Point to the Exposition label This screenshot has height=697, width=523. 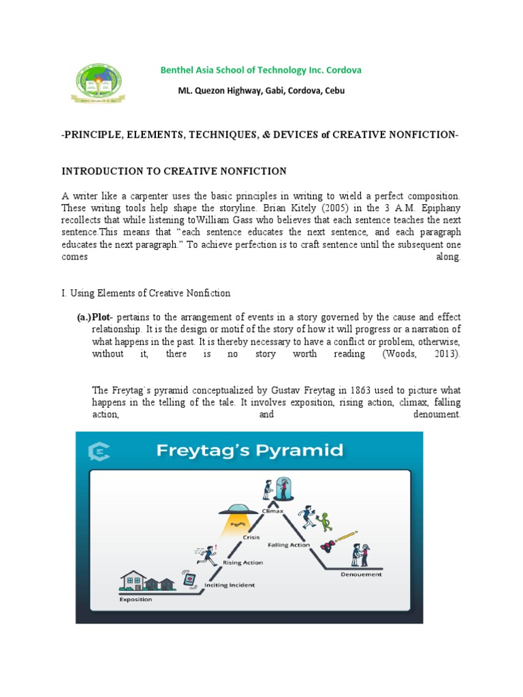pyautogui.click(x=136, y=600)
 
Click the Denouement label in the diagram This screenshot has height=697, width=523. pyautogui.click(x=361, y=574)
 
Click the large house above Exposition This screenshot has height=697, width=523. pyautogui.click(x=133, y=580)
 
